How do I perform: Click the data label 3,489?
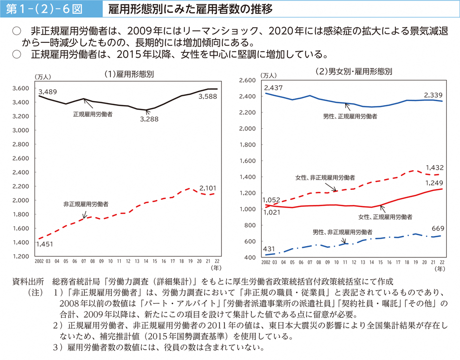pyautogui.click(x=47, y=92)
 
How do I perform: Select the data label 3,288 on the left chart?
pyautogui.click(x=149, y=119)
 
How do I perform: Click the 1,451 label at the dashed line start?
pyautogui.click(x=46, y=244)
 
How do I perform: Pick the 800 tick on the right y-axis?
pyautogui.click(x=251, y=225)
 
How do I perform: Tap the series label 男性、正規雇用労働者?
pyautogui.click(x=350, y=116)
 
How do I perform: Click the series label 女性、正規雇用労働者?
pyautogui.click(x=385, y=216)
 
